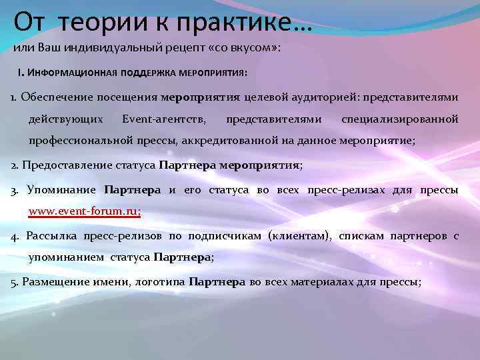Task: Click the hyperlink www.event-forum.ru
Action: point(85,212)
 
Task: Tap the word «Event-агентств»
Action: point(164,119)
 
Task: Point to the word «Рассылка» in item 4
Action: point(52,235)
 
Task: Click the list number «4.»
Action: point(15,235)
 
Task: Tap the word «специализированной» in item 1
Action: point(399,119)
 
